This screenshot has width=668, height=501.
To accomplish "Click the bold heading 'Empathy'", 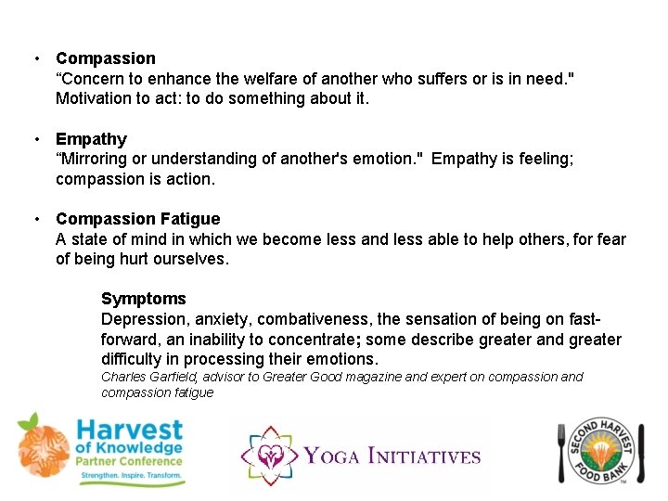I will tap(91, 139).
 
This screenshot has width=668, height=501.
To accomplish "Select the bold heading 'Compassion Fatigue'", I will tap(137, 219).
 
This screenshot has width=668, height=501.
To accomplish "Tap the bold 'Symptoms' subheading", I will tap(143, 299).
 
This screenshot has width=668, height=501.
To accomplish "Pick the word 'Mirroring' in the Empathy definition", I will tap(96, 159).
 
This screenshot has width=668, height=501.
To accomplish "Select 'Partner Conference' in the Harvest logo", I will tap(129, 463).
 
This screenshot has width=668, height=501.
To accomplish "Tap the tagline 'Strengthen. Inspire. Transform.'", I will tap(129, 480).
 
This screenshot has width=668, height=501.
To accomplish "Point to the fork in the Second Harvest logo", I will tap(562, 452).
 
